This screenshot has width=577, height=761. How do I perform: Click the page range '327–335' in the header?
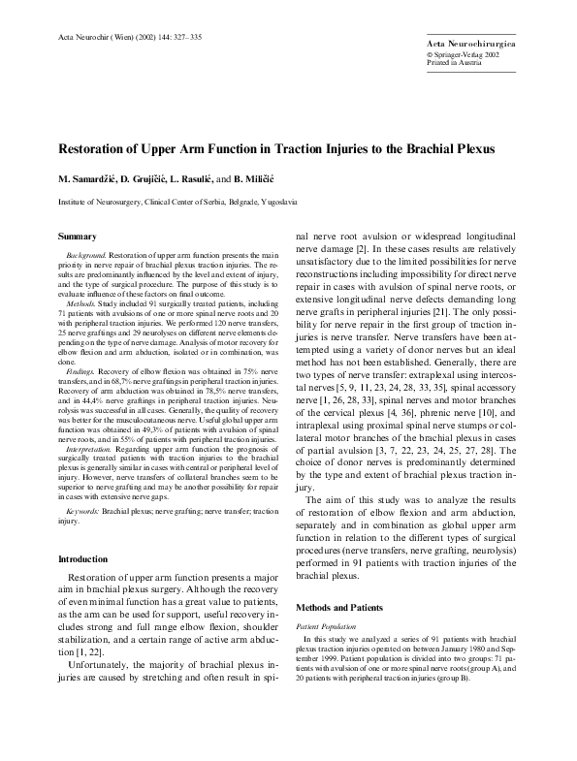tap(183, 37)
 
